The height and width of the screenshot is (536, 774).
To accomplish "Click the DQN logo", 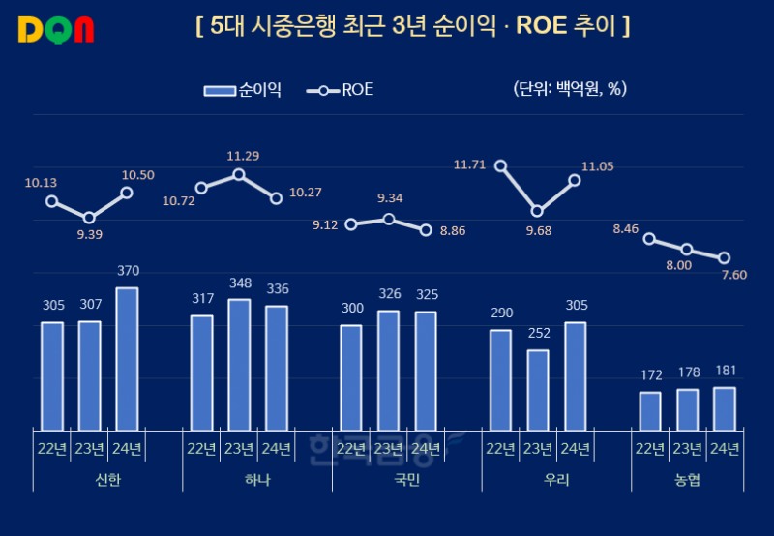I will pos(56,29).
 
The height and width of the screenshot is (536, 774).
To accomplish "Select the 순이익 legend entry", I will pos(243,90).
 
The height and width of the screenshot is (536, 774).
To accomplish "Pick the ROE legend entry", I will pos(340,90).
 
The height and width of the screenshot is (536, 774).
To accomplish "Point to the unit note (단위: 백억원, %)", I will pos(571,90).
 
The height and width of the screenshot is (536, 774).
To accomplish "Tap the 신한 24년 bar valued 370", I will pos(127,358).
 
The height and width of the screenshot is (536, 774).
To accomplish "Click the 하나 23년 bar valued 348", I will pos(239,364).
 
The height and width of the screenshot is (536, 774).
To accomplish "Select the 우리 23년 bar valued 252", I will pos(538,389).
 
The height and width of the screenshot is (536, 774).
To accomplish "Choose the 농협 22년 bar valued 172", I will pos(650,410).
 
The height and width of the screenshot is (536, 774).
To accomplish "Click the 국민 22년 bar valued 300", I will pos(351,376).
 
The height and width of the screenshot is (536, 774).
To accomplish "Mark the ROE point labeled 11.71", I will pos(501,165).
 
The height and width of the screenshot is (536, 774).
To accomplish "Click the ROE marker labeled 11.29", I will pos(239,174).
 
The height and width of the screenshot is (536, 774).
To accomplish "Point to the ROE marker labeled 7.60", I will pos(724,257).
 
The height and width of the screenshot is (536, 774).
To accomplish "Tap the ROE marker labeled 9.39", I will pos(89,218).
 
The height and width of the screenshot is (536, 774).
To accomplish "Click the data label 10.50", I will pos(138,174).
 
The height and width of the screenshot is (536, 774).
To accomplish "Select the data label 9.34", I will pos(390,198).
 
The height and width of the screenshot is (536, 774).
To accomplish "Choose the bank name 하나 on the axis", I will pos(257,480).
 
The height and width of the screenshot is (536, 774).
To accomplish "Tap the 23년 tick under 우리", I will pos(538,448).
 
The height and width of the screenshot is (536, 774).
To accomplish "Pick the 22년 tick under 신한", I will pos(52,448).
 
